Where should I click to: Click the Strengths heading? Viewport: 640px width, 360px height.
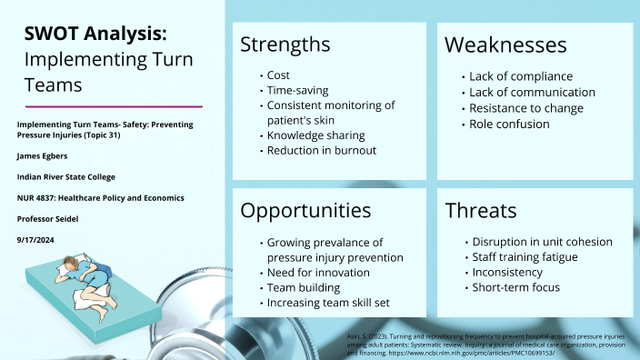coord(285,45)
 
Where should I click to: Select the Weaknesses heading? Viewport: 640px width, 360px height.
coord(505,45)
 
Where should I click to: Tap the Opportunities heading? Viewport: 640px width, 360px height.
coord(305,211)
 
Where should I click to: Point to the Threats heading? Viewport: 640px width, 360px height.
coord(481,211)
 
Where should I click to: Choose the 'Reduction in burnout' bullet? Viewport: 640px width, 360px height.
coord(322,150)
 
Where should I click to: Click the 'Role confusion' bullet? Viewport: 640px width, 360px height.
coord(509,124)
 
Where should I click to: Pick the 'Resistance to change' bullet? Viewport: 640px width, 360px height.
coord(526,108)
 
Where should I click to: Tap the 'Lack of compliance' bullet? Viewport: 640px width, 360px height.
coord(521,76)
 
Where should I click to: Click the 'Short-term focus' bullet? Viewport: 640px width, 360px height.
coord(516,287)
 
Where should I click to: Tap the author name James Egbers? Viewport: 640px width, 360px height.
coord(43,155)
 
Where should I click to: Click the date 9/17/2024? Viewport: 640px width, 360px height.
coord(37,240)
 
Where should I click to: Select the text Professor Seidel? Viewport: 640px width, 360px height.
coord(49,219)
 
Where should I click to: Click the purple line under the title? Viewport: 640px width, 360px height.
coord(110,106)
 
